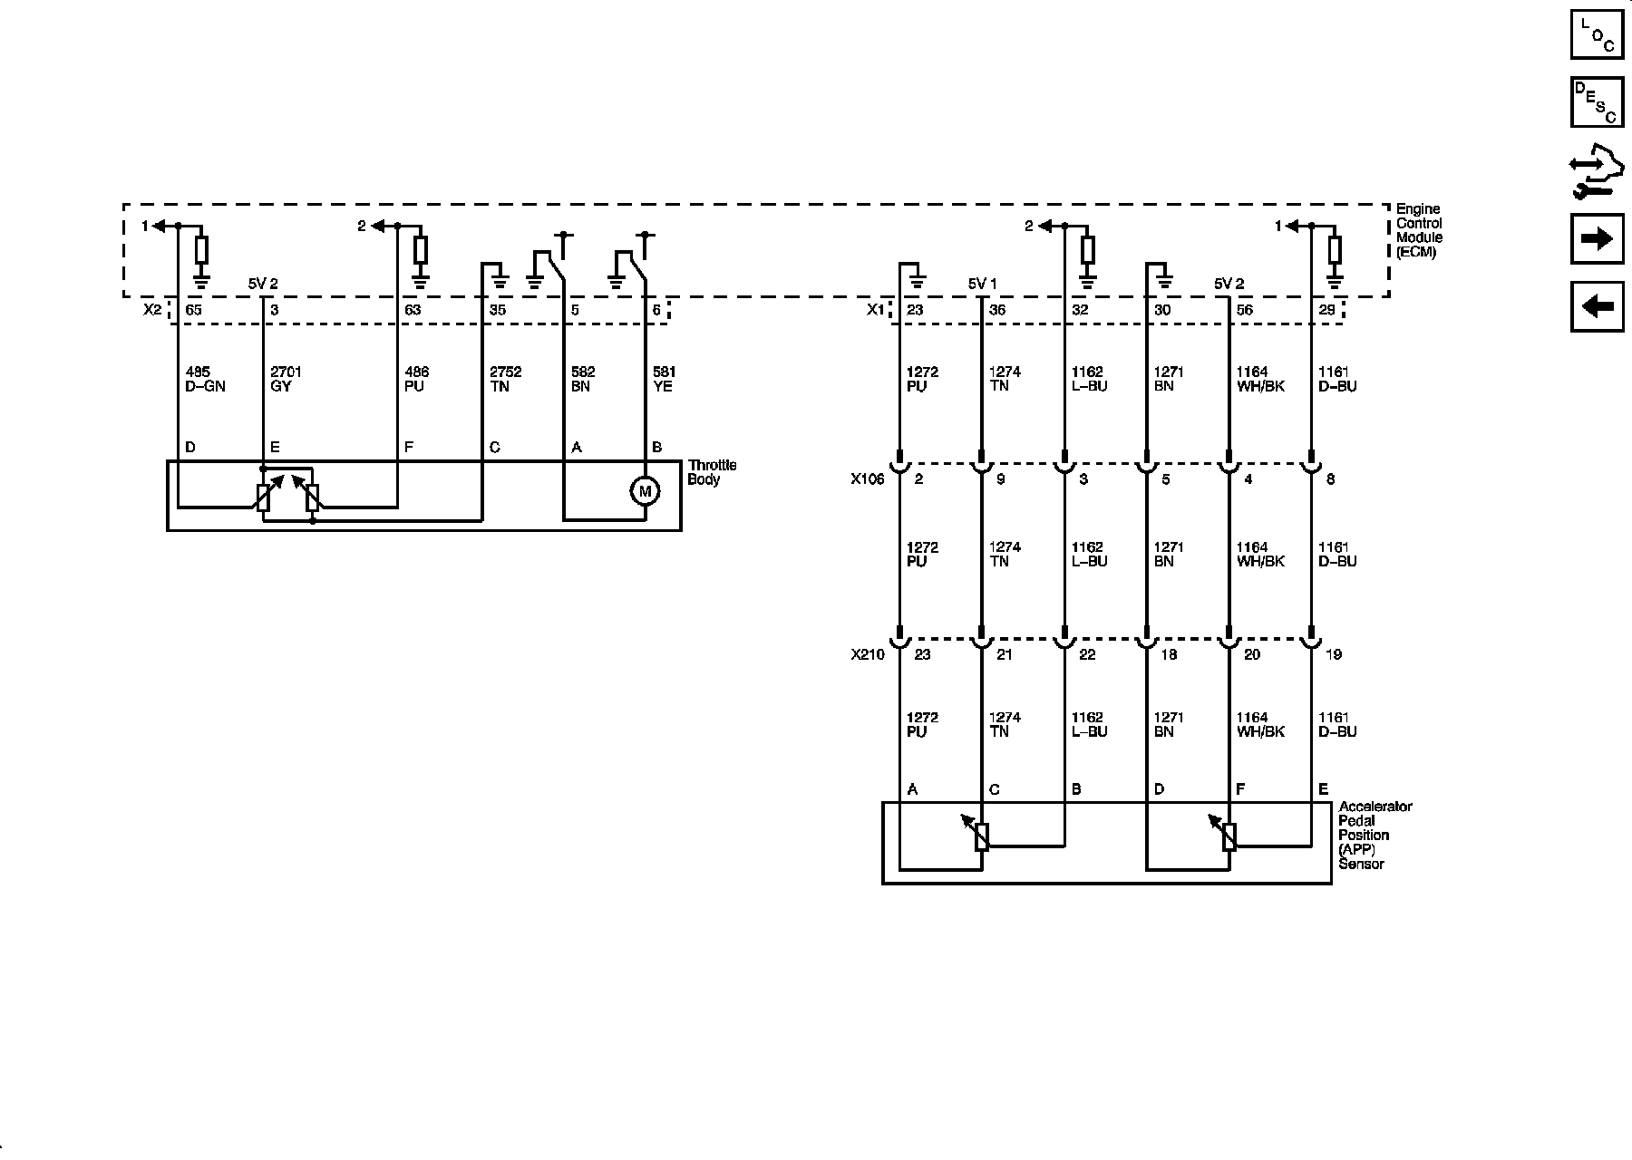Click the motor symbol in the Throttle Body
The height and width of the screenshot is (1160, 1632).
pyautogui.click(x=645, y=491)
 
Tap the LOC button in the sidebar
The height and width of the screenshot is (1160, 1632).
pyautogui.click(x=1597, y=34)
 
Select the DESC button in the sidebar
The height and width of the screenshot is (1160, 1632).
pyautogui.click(x=1597, y=102)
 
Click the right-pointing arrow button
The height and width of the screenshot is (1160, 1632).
pyautogui.click(x=1597, y=238)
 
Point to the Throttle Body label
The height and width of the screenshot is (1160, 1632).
pyautogui.click(x=712, y=472)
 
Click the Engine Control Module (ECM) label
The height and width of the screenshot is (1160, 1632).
pyautogui.click(x=1419, y=230)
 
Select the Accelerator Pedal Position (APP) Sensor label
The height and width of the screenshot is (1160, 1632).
pyautogui.click(x=1375, y=835)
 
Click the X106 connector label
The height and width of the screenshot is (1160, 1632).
pyautogui.click(x=867, y=479)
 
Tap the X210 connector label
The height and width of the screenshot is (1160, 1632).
pyautogui.click(x=868, y=654)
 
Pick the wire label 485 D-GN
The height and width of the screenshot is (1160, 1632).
pyautogui.click(x=205, y=379)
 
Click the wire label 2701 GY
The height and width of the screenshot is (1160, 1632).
pyautogui.click(x=287, y=379)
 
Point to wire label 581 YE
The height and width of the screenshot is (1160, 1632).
pyautogui.click(x=665, y=379)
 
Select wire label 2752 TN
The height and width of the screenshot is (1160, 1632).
pyautogui.click(x=505, y=379)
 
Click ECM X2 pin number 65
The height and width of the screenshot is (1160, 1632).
pyautogui.click(x=194, y=310)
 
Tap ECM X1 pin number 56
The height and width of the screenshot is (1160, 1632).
pyautogui.click(x=1244, y=310)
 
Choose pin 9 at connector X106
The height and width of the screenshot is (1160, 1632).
pyautogui.click(x=1000, y=479)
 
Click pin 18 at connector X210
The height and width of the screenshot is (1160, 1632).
pyautogui.click(x=1169, y=654)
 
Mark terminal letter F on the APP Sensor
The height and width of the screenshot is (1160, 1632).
pyautogui.click(x=1240, y=789)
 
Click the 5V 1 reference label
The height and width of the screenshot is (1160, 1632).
pyautogui.click(x=982, y=284)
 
